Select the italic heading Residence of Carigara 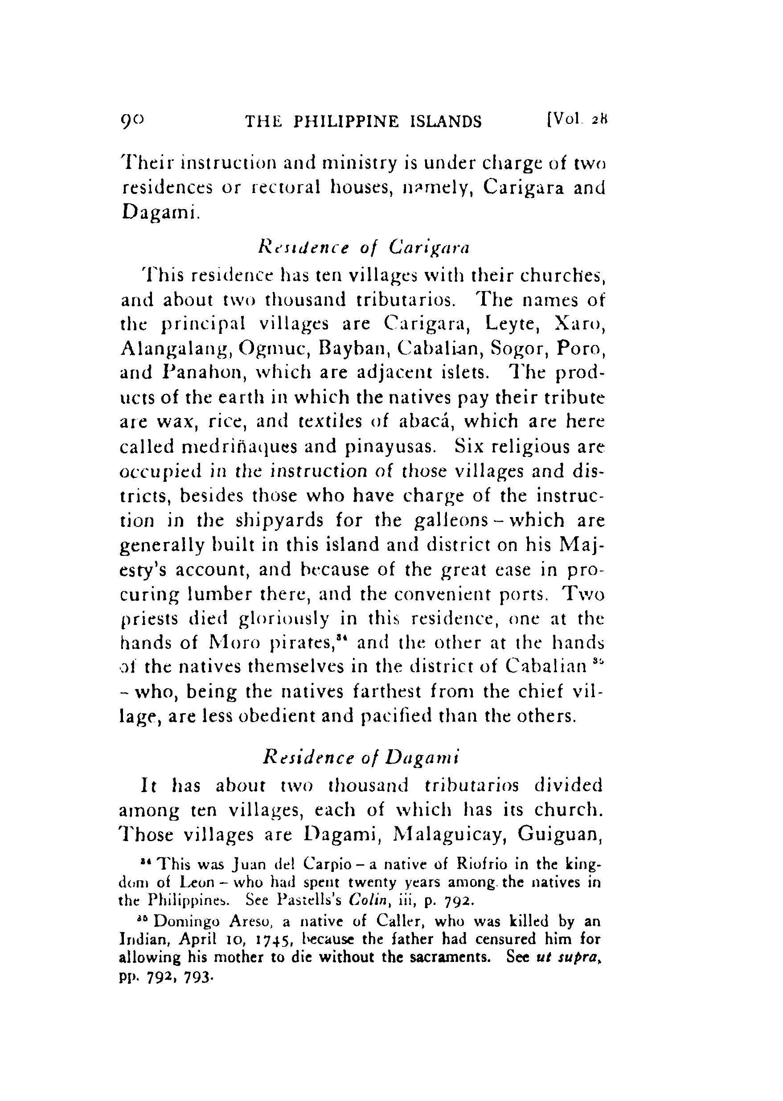(x=364, y=247)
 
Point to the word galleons (x=449, y=520)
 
